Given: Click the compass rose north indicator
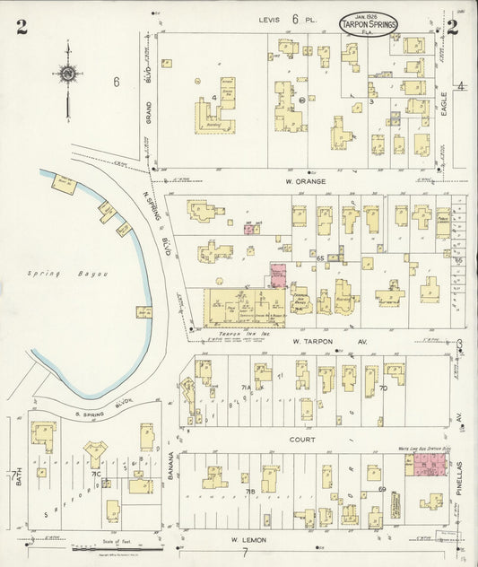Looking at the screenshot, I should click(x=67, y=74).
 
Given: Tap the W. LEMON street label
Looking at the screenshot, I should click(x=246, y=539).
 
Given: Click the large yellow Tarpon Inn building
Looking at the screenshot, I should click(x=238, y=310).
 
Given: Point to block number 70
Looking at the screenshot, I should click(x=382, y=388).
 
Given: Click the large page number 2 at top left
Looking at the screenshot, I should click(x=20, y=27).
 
